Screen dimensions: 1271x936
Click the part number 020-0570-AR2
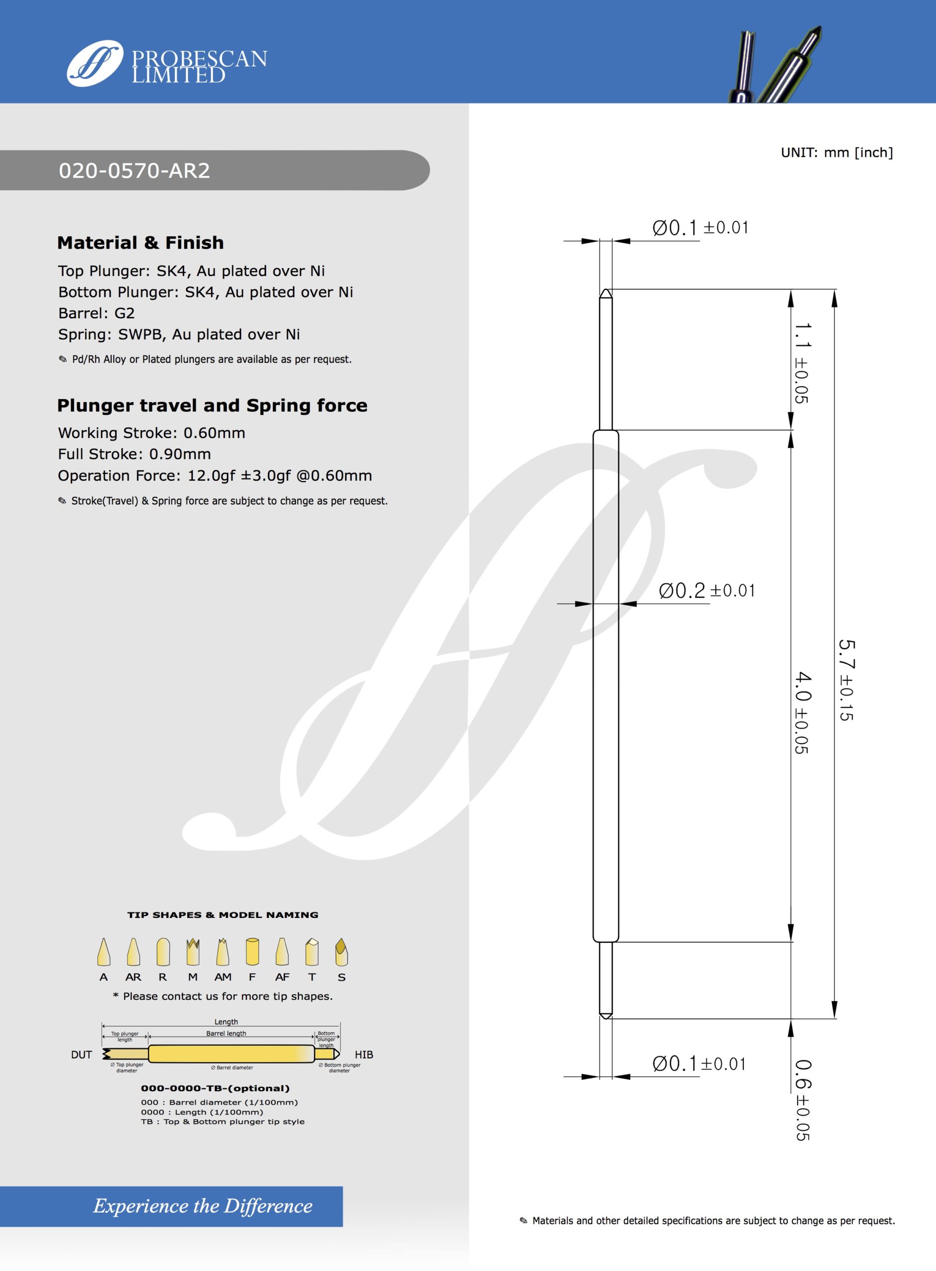[134, 171]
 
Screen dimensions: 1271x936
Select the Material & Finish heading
[140, 243]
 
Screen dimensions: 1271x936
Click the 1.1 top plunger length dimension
[802, 362]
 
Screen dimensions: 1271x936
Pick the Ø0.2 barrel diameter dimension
[706, 591]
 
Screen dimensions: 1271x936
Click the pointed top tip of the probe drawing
[605, 292]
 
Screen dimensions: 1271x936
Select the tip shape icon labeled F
[252, 952]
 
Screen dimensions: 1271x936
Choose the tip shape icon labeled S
[341, 952]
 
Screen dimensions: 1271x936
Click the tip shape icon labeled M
[193, 952]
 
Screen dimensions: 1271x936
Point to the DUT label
[81, 1055]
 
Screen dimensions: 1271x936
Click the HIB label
[364, 1055]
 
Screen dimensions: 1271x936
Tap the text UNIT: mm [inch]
[836, 152]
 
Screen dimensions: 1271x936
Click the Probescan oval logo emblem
[95, 63]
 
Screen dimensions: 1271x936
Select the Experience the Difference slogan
[203, 1206]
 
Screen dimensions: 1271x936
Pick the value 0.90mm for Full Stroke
[180, 454]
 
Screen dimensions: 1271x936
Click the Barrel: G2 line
[96, 313]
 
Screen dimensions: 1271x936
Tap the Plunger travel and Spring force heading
[212, 406]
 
